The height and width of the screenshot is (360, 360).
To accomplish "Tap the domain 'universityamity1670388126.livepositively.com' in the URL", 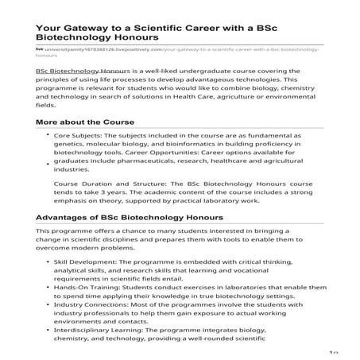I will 99,49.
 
